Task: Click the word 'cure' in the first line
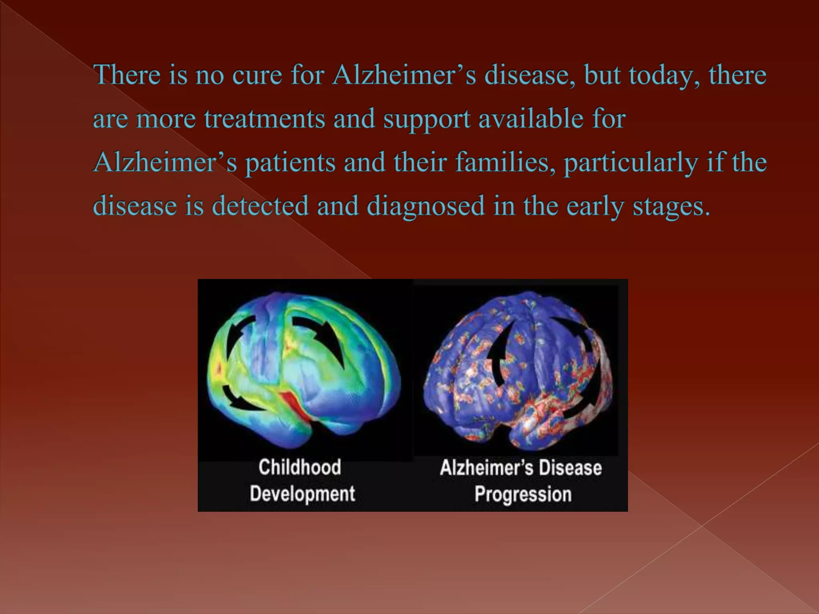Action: pos(257,75)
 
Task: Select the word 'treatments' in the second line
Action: pos(264,119)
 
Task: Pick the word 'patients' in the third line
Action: pos(290,163)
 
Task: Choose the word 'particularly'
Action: pos(631,163)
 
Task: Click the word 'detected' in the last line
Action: pos(260,206)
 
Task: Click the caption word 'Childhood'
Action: pos(300,467)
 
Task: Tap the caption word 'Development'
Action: pos(302,493)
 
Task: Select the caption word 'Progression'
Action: pos(523,494)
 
